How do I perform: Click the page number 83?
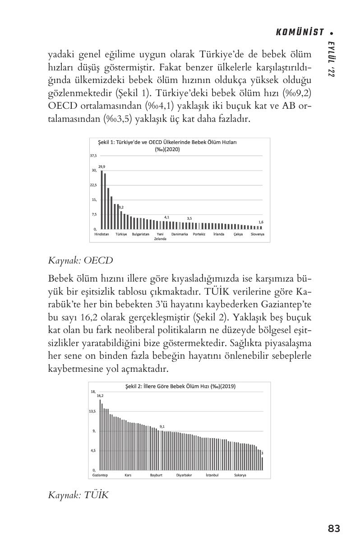click(334, 528)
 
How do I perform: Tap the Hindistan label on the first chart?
click(102, 235)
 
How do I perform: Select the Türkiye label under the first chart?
click(121, 235)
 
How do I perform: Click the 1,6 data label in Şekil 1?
click(261, 222)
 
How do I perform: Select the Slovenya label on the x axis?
click(258, 235)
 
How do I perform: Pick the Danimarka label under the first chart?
click(180, 235)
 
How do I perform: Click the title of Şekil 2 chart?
click(180, 386)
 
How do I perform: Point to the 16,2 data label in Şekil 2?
click(100, 395)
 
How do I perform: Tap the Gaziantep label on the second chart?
click(100, 475)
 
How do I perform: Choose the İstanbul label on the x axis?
click(212, 475)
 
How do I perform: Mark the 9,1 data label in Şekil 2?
click(162, 426)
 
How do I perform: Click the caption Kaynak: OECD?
click(80, 260)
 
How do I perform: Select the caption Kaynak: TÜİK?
click(78, 495)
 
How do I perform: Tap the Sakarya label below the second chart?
click(240, 475)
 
